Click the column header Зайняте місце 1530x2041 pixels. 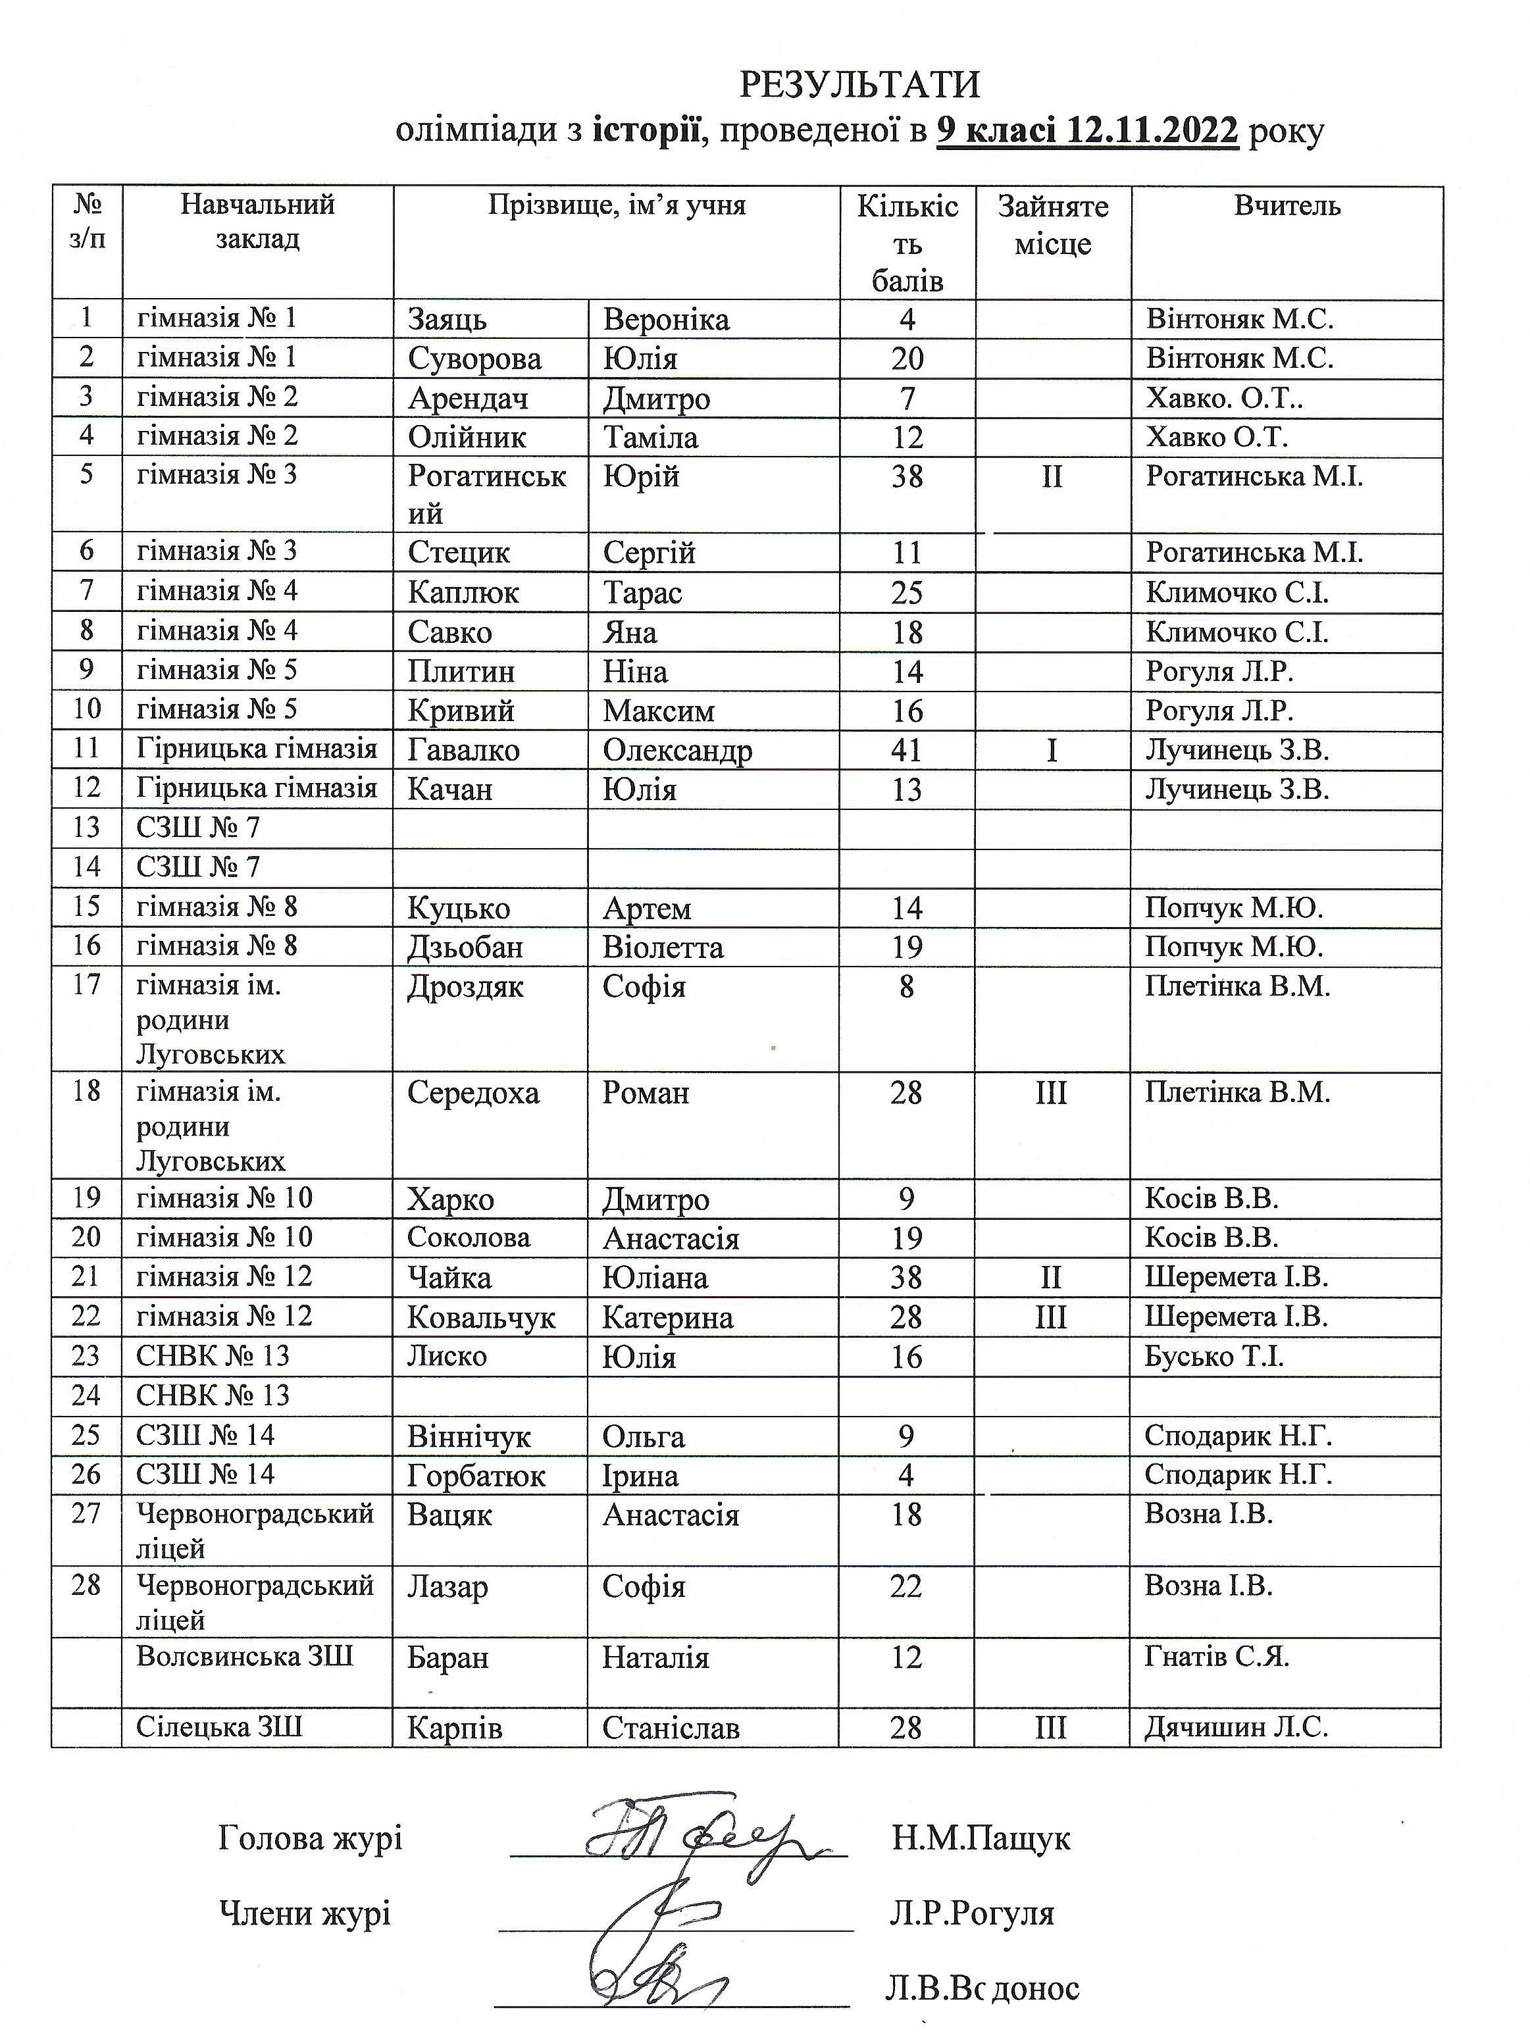1053,225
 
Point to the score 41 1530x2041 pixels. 907,750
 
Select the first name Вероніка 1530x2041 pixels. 666,319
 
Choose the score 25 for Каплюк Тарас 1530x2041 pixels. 907,592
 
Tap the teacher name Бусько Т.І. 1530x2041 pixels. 1214,1356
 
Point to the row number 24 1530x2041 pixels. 86,1395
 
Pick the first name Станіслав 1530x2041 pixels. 671,1728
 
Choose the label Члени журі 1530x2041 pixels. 305,1913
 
